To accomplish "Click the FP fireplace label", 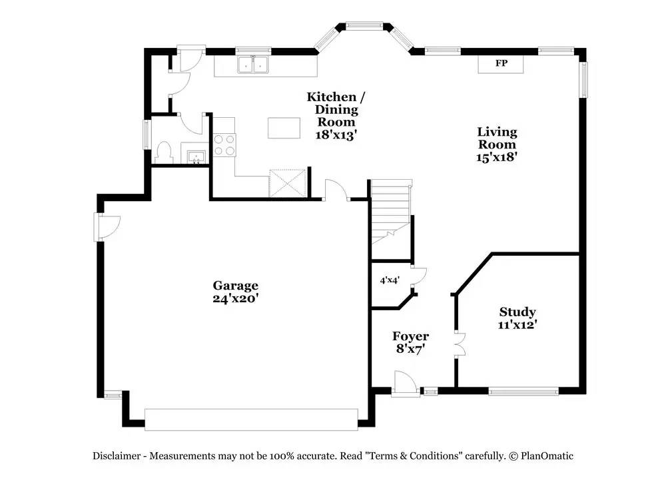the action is [501, 63].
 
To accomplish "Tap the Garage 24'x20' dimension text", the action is [236, 298].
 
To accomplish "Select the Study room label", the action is [517, 312].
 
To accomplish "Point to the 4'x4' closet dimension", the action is [390, 280].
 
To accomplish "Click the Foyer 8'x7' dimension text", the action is [411, 349].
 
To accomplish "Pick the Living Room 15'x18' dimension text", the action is [497, 156].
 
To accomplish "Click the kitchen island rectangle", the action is [284, 128].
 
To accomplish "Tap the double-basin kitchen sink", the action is [254, 65].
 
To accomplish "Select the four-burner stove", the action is [224, 144].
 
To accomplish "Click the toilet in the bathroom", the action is [164, 152].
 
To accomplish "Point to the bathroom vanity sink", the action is [196, 156].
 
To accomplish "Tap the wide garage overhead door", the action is [252, 419].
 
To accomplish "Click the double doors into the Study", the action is [460, 344].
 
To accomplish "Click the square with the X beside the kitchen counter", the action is [288, 183].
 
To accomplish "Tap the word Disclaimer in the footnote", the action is [117, 456].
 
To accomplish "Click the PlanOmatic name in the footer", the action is [547, 456].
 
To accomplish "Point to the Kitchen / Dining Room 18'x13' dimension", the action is [336, 134].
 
